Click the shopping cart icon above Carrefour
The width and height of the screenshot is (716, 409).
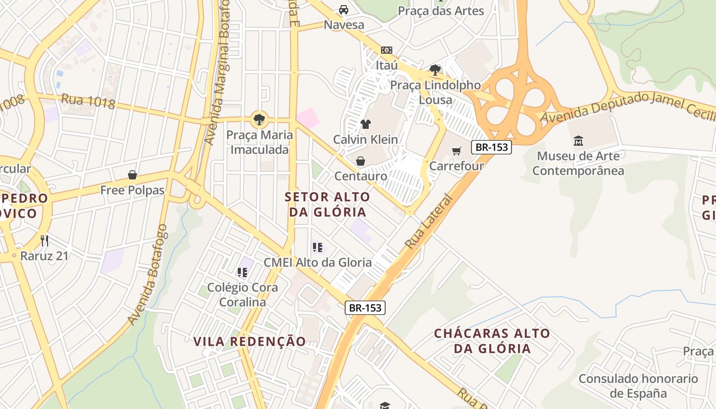[x=457, y=151]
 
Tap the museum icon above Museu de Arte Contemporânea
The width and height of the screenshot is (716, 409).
[x=578, y=141]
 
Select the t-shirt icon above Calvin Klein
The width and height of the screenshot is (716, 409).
[x=365, y=124]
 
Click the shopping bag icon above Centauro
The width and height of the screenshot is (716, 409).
[x=361, y=162]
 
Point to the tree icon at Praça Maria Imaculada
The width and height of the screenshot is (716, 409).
[x=259, y=120]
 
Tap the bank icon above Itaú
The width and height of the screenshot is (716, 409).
[x=387, y=50]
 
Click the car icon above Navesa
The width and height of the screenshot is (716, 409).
[x=344, y=10]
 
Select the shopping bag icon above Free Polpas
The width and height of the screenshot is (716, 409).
[x=132, y=175]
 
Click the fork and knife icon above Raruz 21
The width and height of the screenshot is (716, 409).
[x=44, y=240]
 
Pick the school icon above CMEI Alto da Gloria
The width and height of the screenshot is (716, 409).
[x=318, y=247]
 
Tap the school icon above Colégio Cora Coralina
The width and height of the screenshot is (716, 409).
[x=242, y=272]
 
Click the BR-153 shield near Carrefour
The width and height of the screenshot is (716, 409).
[x=491, y=147]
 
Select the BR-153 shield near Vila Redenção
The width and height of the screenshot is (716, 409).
[x=365, y=308]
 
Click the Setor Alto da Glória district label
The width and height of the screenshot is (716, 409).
[x=327, y=204]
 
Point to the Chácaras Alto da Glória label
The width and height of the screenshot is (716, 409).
[x=492, y=341]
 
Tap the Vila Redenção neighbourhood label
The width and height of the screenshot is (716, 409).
[x=250, y=342]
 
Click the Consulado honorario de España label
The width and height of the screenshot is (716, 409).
[x=638, y=386]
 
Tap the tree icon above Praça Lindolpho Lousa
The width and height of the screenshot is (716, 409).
[x=435, y=70]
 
